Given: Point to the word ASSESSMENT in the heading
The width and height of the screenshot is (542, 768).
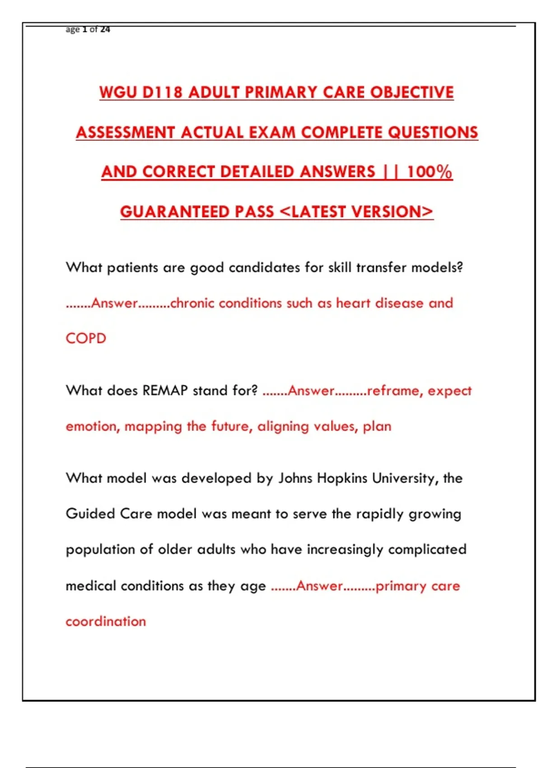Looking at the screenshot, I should coord(125,132).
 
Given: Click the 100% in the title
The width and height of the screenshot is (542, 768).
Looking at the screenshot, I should coord(429,172).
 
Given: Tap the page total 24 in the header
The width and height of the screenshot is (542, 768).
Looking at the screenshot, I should coord(105,29).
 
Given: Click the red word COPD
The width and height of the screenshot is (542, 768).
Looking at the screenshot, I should coord(86,338).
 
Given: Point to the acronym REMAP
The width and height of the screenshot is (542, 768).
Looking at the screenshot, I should coord(165,390).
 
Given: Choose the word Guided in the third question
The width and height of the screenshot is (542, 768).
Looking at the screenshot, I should coord(90,514).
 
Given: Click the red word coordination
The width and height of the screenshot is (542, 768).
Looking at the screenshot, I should coord(106,621).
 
